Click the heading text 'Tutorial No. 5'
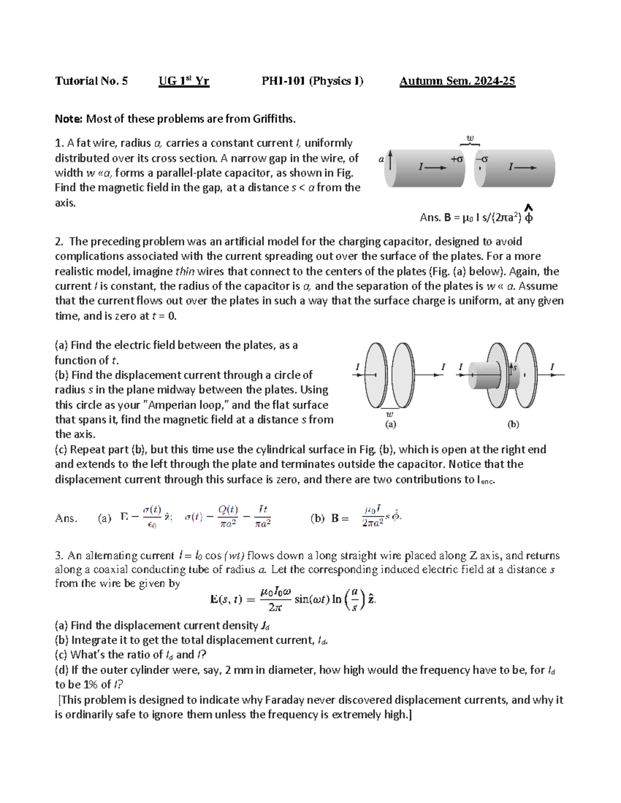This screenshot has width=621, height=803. (x=91, y=81)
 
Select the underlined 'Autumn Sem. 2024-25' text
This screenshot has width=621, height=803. (x=457, y=81)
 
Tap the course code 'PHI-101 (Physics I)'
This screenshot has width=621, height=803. (x=312, y=81)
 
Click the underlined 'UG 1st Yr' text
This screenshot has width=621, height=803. (x=184, y=81)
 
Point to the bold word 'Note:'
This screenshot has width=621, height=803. (x=68, y=119)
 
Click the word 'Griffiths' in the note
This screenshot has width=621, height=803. (x=273, y=119)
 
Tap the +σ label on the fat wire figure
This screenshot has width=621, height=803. (x=456, y=159)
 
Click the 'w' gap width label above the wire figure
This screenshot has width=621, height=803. (x=470, y=138)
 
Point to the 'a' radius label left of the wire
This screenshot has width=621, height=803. (x=381, y=159)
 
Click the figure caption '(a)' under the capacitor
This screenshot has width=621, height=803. (x=390, y=425)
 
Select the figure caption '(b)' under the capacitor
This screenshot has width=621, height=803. (x=513, y=425)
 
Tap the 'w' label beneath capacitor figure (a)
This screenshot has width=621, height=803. (x=390, y=414)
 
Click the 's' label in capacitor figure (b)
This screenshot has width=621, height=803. (x=515, y=367)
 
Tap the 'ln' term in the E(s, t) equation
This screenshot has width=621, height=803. (x=337, y=599)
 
